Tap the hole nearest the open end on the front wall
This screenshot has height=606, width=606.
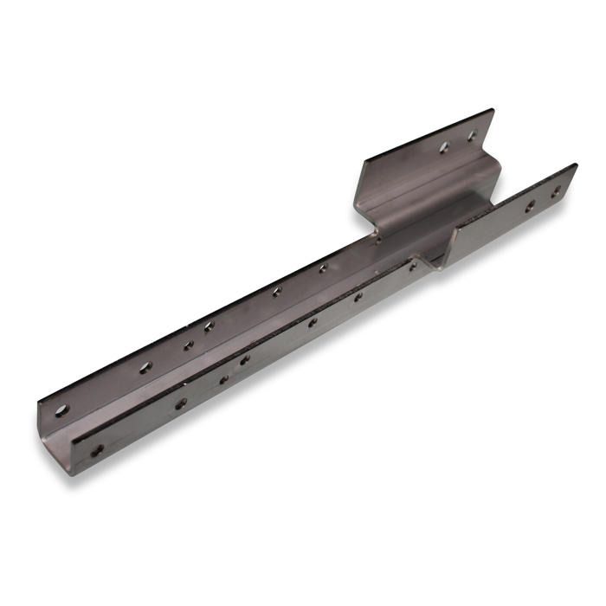(x=97, y=450)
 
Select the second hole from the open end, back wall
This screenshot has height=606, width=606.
(x=145, y=367)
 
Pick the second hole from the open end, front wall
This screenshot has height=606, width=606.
(x=181, y=403)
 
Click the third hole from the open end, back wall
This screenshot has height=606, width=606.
(x=188, y=345)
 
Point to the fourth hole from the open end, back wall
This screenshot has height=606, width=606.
(x=209, y=326)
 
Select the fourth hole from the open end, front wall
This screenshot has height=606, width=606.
(x=245, y=359)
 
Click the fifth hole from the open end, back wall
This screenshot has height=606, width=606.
(x=276, y=291)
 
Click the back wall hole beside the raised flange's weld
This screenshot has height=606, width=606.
(x=323, y=268)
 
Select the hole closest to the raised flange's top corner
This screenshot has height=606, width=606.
(x=473, y=136)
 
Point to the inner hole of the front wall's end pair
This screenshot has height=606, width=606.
(x=530, y=206)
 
